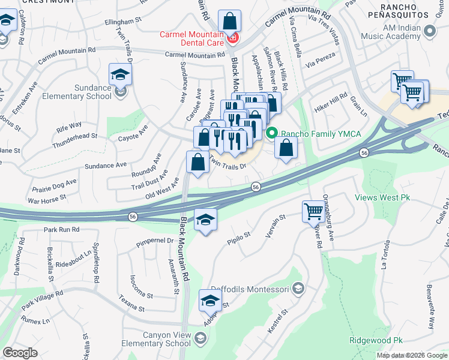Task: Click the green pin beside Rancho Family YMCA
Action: (x=272, y=133)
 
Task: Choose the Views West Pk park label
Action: (x=382, y=197)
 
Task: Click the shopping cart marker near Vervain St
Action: (x=313, y=211)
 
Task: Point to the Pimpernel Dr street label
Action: (x=154, y=241)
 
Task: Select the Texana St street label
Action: (x=131, y=303)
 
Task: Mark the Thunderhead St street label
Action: (x=74, y=141)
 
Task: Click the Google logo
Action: (x=20, y=353)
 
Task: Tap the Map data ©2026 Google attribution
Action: (x=411, y=355)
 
